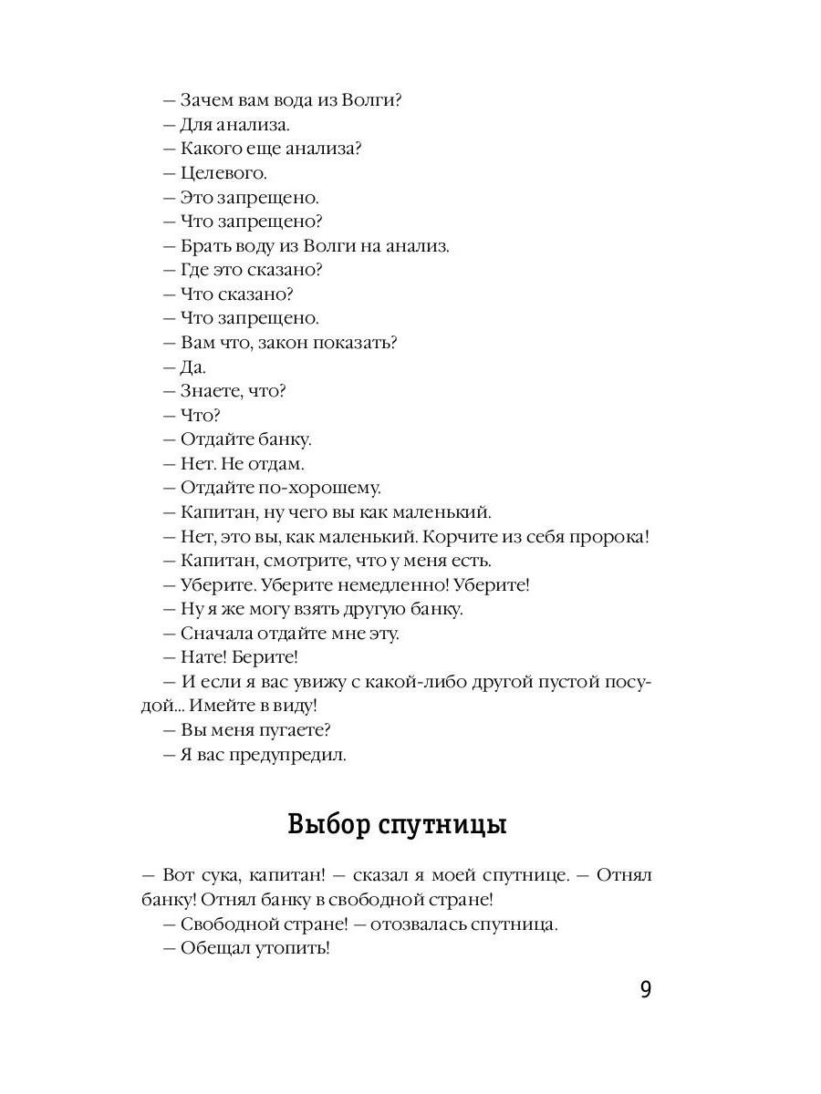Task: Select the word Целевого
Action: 223,173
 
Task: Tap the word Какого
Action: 211,149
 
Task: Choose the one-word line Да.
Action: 192,367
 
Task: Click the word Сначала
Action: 216,634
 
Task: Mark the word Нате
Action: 201,657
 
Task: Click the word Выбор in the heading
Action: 326,826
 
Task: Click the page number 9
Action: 645,990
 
